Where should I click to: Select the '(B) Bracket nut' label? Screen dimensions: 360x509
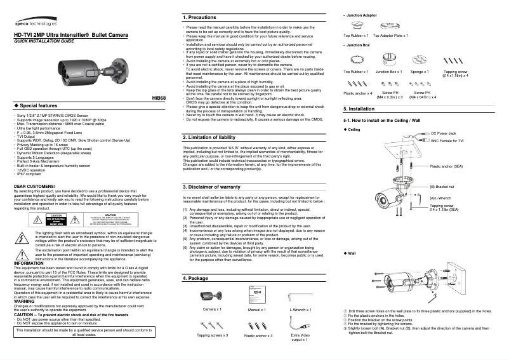click(442, 187)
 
